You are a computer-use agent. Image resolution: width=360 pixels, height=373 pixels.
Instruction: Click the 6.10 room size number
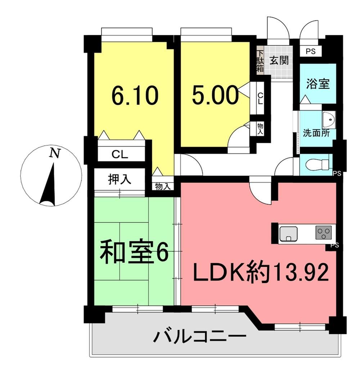[x=135, y=96]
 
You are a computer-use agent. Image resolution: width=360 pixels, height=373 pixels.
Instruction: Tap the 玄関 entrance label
[x=279, y=60]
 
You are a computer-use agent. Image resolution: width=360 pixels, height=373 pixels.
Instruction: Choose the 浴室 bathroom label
[x=318, y=84]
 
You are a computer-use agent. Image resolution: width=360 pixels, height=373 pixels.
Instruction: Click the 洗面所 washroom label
[x=316, y=133]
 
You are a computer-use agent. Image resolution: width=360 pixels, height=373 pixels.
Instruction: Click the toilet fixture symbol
[x=318, y=165]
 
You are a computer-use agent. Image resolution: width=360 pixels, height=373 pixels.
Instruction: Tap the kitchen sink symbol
[x=288, y=233]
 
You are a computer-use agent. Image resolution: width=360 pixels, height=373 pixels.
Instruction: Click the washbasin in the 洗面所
[x=329, y=120]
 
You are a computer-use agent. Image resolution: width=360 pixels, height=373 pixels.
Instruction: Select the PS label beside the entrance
[x=311, y=51]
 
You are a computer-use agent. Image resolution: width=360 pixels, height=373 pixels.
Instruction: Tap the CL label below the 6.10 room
[x=120, y=155]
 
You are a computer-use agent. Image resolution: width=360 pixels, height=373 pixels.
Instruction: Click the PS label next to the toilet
[x=337, y=174]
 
